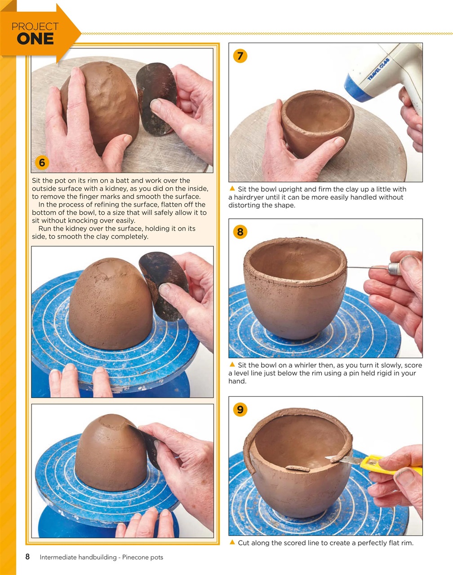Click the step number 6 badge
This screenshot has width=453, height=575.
[x=42, y=162]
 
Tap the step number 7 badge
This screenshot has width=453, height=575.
[x=240, y=56]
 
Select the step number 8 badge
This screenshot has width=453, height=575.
[x=240, y=231]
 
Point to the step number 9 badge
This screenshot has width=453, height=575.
[x=240, y=409]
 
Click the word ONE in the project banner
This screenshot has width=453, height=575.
[x=35, y=39]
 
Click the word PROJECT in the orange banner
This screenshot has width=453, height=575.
[x=35, y=27]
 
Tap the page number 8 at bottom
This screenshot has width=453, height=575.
[x=27, y=557]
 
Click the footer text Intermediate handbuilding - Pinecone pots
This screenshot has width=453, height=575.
[x=101, y=557]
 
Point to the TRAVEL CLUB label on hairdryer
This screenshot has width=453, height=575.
[x=377, y=69]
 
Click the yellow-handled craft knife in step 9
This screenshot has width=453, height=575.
[x=377, y=463]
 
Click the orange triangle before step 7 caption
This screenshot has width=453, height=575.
[x=232, y=189]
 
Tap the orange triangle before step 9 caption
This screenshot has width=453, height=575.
[x=232, y=543]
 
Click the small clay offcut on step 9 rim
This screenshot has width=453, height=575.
[x=297, y=469]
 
